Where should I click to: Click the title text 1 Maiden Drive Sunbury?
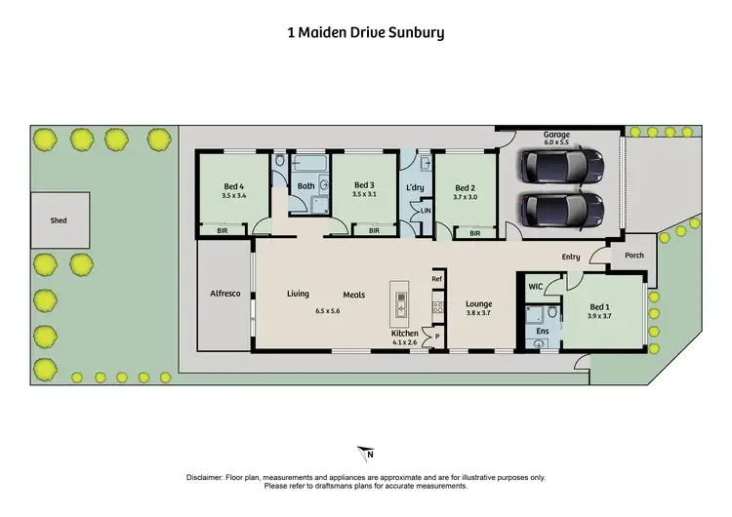coord(366,32)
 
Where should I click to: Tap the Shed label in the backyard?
coord(59,220)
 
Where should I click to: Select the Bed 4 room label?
coord(232,185)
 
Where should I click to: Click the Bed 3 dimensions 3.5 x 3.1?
coord(364,195)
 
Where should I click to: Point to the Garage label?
coord(557,135)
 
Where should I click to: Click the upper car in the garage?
coord(561,166)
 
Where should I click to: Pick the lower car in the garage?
coord(561,209)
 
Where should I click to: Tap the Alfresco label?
coord(225,294)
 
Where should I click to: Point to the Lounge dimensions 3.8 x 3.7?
coord(478,312)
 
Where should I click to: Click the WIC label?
coord(535,286)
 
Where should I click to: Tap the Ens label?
coord(543,332)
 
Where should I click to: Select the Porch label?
coord(633,257)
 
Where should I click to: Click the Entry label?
coord(570,257)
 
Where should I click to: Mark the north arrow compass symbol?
coord(366,454)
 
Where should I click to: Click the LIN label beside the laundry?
coord(425,210)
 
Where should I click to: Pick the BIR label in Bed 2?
coord(474,233)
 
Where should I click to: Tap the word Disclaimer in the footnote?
coord(207,477)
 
